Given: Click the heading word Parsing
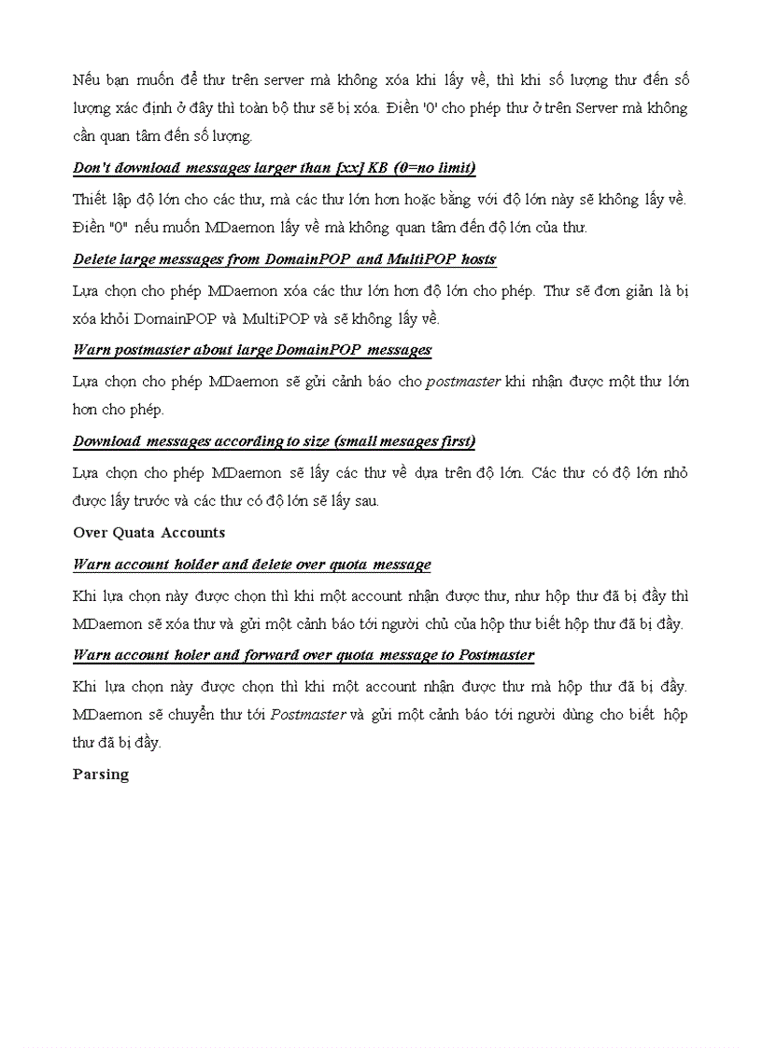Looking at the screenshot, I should (101, 775).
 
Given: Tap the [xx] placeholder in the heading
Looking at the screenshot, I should (349, 168).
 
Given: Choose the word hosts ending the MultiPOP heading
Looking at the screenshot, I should (478, 259).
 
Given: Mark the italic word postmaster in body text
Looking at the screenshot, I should (463, 382).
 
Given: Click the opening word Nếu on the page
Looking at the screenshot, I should (87, 80).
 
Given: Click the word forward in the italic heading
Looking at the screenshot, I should (276, 655).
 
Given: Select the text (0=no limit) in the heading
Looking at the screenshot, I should (434, 168).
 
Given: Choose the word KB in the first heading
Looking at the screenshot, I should (382, 168).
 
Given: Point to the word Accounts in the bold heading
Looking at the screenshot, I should (192, 533).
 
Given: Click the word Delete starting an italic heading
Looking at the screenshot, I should (96, 259).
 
